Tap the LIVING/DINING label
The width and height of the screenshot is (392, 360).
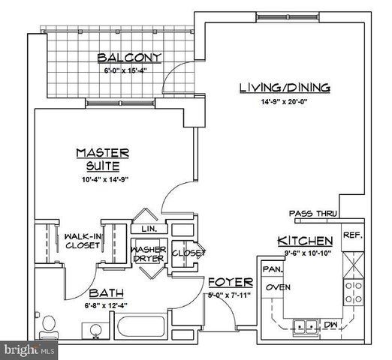(x=285, y=88)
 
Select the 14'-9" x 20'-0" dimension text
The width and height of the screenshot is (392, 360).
(x=285, y=103)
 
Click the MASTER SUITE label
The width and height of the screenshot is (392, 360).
(x=103, y=158)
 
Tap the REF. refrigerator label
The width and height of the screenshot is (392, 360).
(x=352, y=235)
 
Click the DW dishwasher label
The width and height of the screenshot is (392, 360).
(x=330, y=324)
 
